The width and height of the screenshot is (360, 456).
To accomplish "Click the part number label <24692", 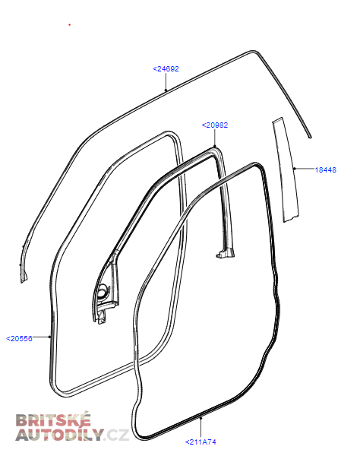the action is (x=166, y=69).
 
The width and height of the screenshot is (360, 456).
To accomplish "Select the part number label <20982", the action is (x=215, y=125).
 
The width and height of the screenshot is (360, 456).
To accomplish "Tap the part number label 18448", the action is (x=325, y=169).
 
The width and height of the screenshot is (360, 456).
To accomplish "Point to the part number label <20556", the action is (x=19, y=339).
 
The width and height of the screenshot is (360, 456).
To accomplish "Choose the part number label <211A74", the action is (x=201, y=442).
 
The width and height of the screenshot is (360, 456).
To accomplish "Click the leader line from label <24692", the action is (x=166, y=82).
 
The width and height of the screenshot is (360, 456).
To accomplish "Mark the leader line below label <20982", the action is (x=215, y=138).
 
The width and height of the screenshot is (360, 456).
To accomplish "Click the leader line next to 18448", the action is (x=305, y=169).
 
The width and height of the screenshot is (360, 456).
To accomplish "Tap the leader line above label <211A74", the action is (x=201, y=428).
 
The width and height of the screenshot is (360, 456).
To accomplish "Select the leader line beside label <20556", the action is (x=41, y=337).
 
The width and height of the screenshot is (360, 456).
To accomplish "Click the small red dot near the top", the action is (x=69, y=25).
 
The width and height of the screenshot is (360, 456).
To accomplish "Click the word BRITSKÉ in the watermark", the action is (x=53, y=420).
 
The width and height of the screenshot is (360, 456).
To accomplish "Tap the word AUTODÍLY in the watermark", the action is (x=59, y=435).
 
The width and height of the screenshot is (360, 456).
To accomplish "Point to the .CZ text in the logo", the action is (x=116, y=435).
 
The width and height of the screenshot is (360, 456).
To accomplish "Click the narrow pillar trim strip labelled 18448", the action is (x=286, y=170).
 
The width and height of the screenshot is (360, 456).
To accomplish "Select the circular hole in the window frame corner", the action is (x=102, y=292).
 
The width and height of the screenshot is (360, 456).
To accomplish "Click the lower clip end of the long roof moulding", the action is (x=24, y=277).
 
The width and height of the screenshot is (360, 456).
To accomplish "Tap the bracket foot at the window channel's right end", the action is (x=224, y=253).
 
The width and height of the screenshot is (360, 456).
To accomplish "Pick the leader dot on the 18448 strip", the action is (x=295, y=169).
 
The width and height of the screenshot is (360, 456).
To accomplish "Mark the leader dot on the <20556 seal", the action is (x=49, y=337).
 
